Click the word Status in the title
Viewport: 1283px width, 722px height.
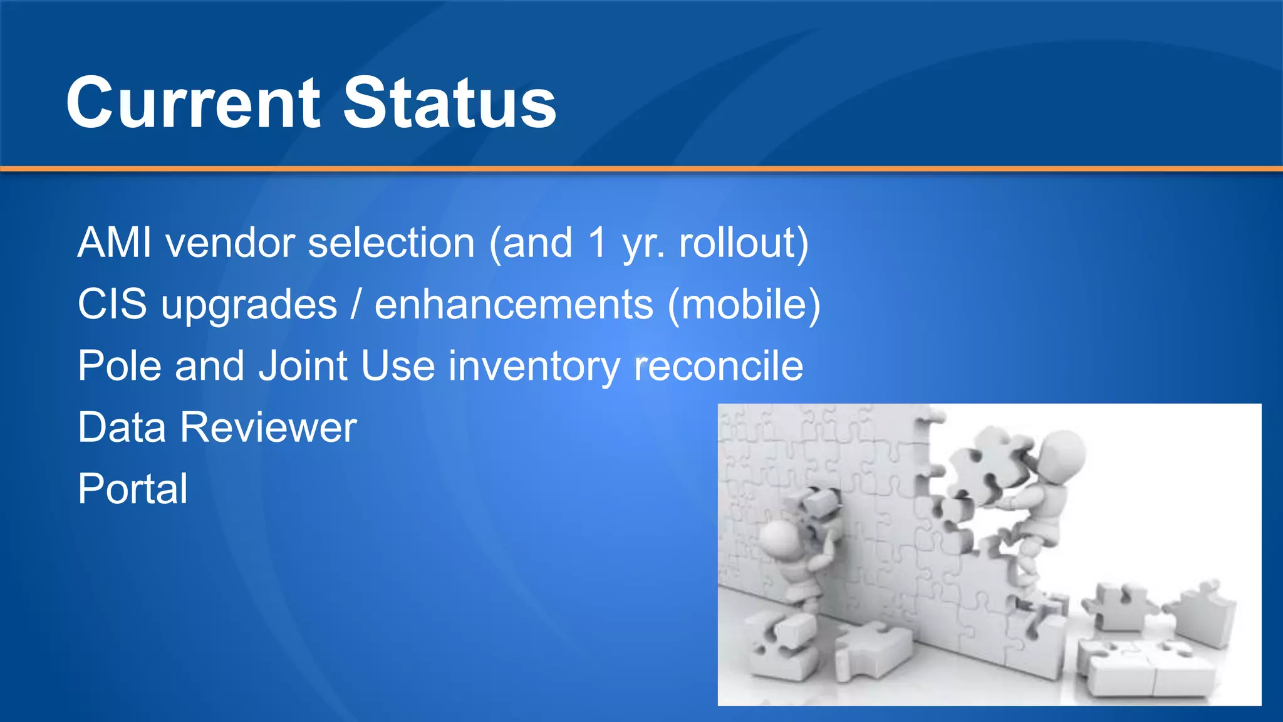449,103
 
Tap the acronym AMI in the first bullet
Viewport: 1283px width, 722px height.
115,243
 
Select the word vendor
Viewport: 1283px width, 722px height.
230,243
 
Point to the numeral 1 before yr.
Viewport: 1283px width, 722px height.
598,243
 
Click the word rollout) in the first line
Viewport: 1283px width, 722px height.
744,243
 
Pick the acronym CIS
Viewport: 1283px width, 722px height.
112,305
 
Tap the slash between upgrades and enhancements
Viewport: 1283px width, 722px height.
356,305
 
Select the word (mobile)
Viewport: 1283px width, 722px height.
744,305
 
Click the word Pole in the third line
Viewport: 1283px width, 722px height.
119,366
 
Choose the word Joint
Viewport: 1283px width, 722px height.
303,366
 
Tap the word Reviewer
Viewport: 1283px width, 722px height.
268,427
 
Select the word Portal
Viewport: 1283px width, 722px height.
133,489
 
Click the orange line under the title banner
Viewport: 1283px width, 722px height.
641,169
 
